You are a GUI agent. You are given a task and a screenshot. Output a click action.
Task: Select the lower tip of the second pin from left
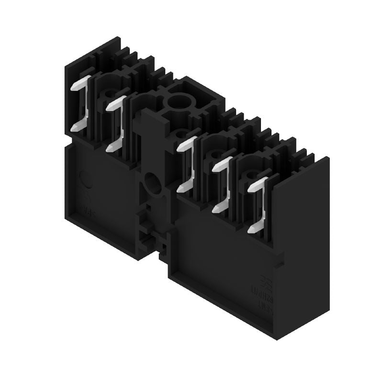[110, 147]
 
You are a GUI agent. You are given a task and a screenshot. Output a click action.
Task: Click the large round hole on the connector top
[179, 101]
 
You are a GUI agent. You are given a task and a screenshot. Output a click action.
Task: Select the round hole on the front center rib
[153, 182]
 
